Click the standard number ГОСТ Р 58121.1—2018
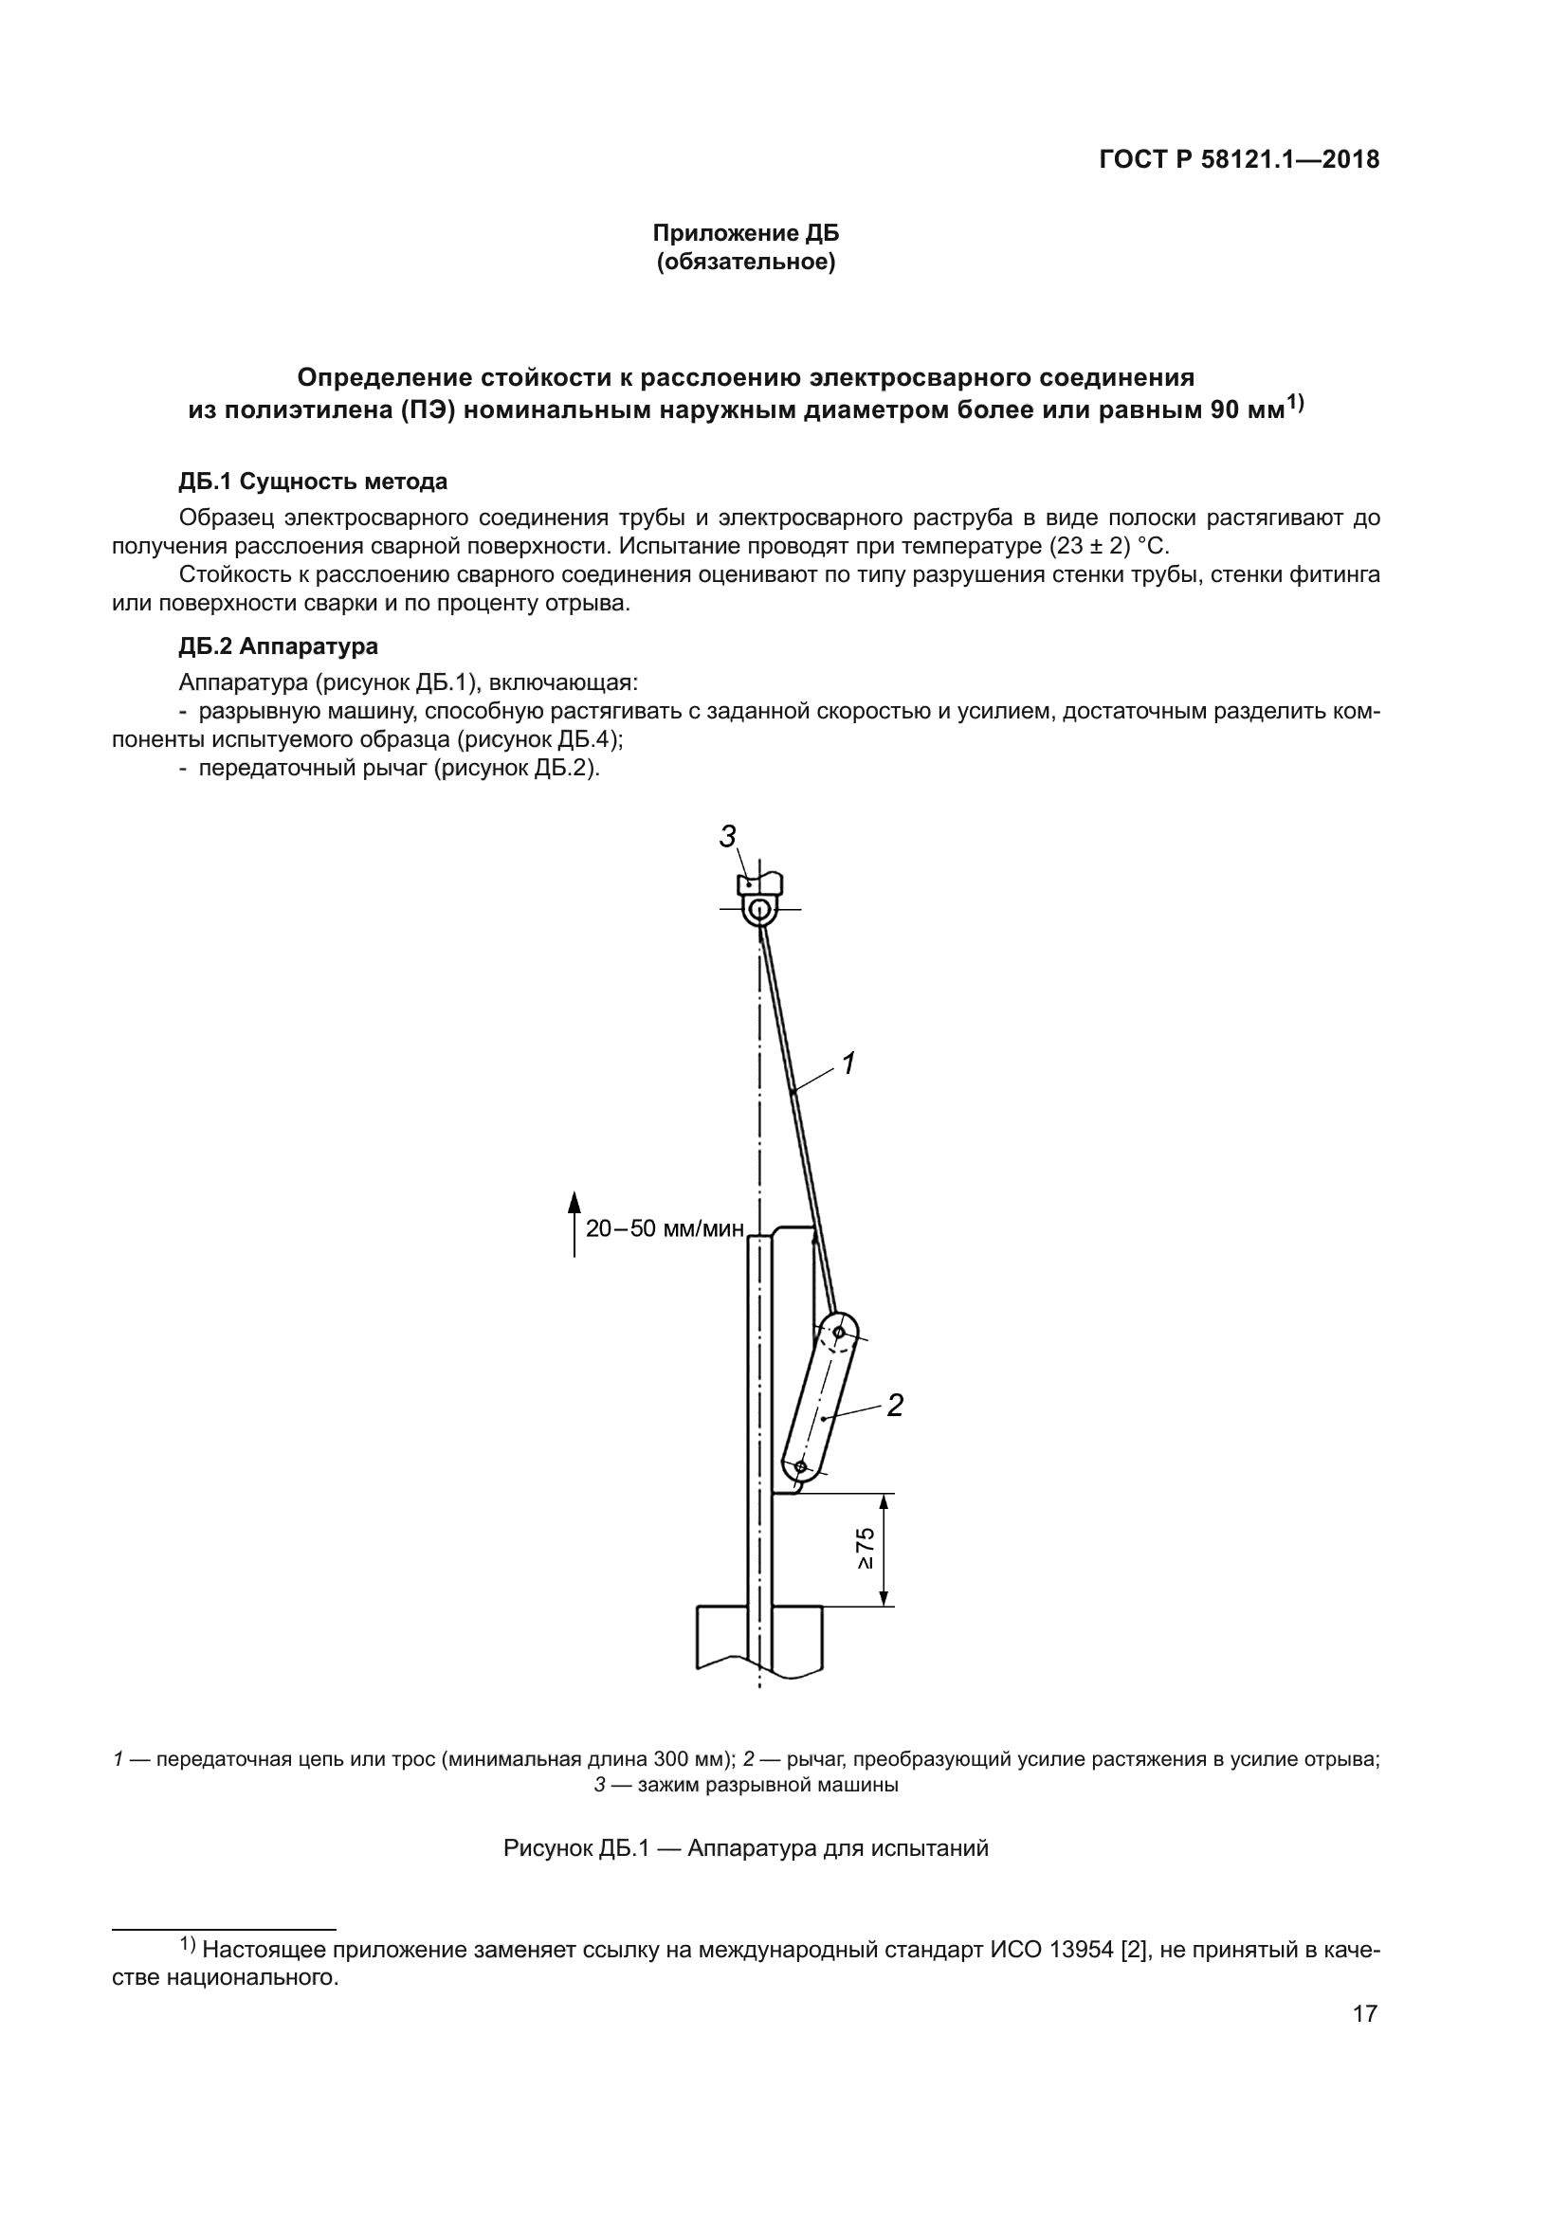1240,160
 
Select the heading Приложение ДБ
745,233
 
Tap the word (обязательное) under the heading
745,262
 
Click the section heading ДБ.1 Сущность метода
313,481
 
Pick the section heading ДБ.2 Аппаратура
278,646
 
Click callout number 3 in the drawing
728,836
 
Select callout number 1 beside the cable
848,1064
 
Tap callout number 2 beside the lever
895,1406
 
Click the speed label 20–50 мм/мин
665,1228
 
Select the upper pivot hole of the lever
839,1333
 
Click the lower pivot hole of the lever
800,1466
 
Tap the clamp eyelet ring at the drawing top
760,910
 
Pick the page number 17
1364,2013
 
